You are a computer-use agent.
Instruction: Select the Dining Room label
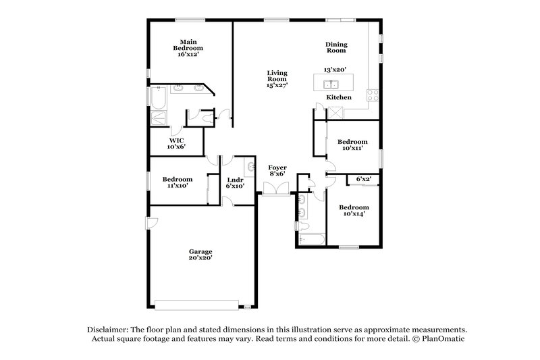[335, 46]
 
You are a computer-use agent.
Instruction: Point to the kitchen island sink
[331, 84]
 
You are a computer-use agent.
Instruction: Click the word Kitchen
[339, 98]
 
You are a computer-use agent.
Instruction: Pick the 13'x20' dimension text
[334, 70]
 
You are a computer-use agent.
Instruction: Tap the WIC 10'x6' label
[177, 143]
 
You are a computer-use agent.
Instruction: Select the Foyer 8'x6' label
[277, 170]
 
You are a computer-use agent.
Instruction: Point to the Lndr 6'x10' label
[234, 182]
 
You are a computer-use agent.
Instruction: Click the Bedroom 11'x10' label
[178, 182]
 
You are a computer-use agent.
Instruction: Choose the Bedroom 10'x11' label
[352, 145]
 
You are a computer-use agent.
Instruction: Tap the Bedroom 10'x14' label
[354, 210]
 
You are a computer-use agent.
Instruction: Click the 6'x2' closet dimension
[364, 179]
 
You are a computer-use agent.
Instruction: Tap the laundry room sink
[250, 165]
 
